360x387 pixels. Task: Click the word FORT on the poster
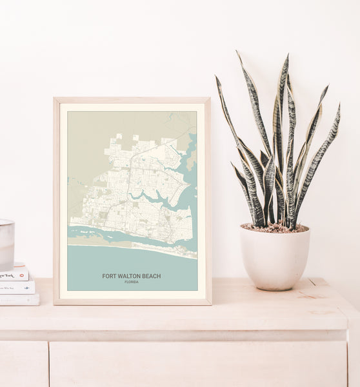pyautogui.click(x=110, y=276)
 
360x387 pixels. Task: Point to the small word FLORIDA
pyautogui.click(x=132, y=282)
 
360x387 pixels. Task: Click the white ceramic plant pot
pyautogui.click(x=275, y=259)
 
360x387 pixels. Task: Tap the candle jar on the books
pyautogui.click(x=6, y=244)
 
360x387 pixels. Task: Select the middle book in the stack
pyautogui.click(x=17, y=287)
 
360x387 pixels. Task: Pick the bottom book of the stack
pyautogui.click(x=19, y=299)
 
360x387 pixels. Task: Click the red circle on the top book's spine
pyautogui.click(x=24, y=273)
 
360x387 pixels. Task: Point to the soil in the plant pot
pyautogui.click(x=275, y=228)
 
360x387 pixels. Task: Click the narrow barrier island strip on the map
pyautogui.click(x=129, y=245)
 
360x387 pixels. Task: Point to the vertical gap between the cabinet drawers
pyautogui.click(x=49, y=364)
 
